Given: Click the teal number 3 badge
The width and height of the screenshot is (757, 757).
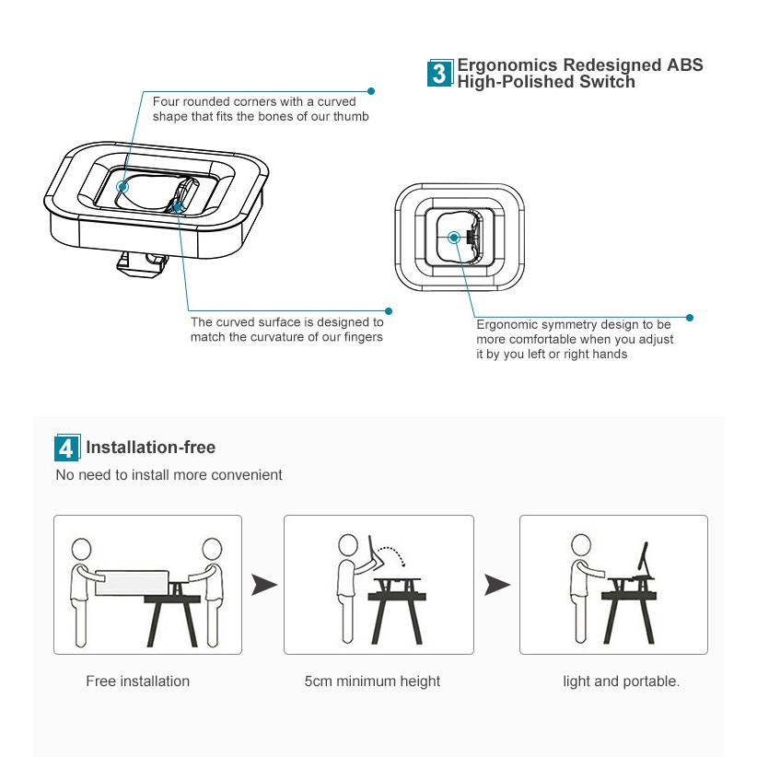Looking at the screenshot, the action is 441,74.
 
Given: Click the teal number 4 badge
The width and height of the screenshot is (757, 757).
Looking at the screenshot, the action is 66,448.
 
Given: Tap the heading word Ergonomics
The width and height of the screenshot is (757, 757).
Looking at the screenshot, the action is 507,65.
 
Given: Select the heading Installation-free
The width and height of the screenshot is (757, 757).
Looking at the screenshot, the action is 150,448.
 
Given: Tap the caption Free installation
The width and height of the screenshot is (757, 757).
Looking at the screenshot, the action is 137,681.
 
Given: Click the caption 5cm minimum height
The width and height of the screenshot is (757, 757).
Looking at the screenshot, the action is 372,681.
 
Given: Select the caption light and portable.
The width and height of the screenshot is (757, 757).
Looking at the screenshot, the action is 622,681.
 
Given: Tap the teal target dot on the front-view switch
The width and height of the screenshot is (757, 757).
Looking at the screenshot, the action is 453,237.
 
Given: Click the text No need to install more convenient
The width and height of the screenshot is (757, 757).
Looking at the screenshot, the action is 169,475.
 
